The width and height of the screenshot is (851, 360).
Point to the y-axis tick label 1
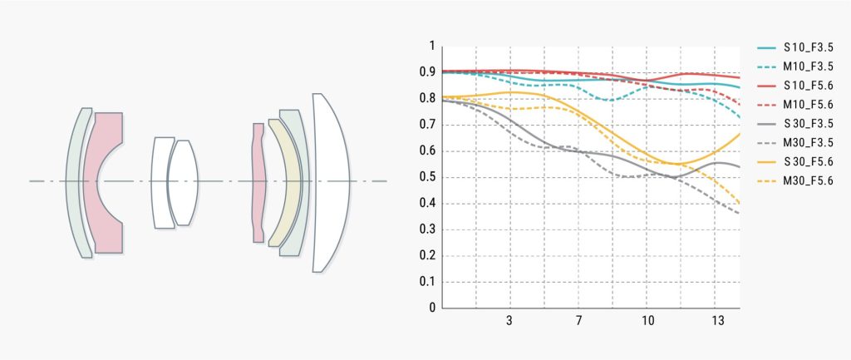tap(431, 47)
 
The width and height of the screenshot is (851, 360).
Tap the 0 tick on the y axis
tap(431, 308)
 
